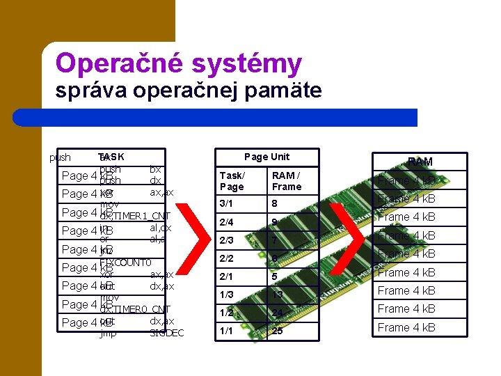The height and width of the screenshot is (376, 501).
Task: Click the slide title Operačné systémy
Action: (179, 63)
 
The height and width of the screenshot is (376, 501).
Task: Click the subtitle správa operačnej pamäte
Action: (189, 91)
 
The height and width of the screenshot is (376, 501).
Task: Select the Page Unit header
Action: (267, 157)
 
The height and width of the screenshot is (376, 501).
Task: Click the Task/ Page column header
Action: (232, 181)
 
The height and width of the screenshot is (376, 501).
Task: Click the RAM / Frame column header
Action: (287, 181)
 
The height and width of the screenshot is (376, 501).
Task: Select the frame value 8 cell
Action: (276, 204)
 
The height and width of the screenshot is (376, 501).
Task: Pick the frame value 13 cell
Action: (278, 295)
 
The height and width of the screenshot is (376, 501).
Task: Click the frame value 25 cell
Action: (278, 331)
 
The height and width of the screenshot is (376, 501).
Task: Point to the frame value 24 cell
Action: (278, 313)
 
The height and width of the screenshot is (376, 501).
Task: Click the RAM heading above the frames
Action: (420, 162)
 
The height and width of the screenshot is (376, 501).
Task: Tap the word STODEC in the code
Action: (167, 333)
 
